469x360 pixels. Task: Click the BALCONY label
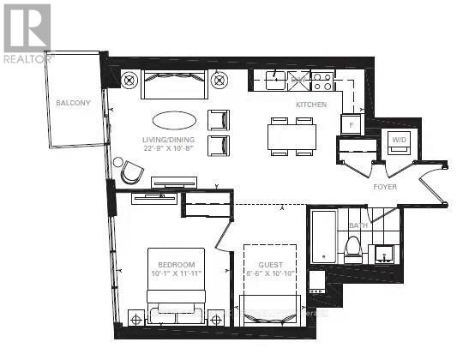73,104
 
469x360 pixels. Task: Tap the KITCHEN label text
310,105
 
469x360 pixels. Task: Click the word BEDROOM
176,264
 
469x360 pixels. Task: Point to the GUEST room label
269,265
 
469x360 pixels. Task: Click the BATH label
358,225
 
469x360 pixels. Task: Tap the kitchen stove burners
322,82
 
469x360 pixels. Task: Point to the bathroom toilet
352,248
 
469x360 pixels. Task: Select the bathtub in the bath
322,237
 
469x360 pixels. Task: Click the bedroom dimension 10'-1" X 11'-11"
176,273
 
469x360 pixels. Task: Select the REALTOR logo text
28,58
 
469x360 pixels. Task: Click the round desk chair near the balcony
129,172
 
